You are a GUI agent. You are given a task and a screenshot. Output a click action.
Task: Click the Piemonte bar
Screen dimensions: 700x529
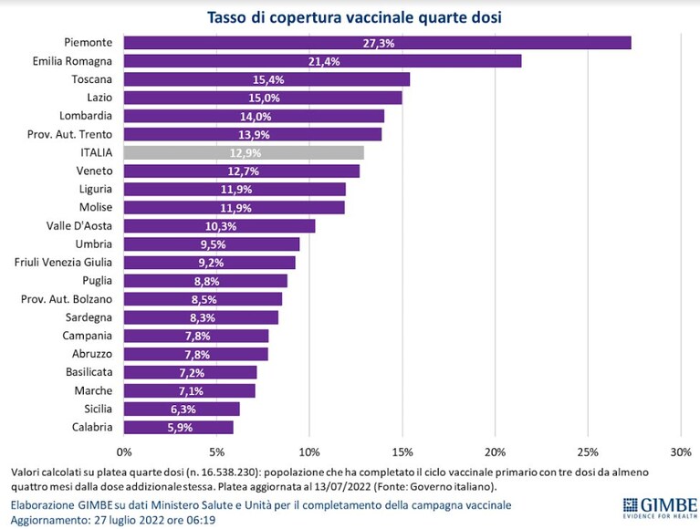click(x=377, y=43)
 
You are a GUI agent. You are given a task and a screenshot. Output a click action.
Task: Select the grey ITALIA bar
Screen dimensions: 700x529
click(x=244, y=152)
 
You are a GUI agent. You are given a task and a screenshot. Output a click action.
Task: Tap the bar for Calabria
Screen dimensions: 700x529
click(x=179, y=427)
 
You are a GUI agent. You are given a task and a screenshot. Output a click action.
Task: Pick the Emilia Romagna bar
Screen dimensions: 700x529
click(x=323, y=61)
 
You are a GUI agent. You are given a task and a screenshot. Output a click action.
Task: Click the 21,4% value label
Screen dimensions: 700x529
click(x=324, y=61)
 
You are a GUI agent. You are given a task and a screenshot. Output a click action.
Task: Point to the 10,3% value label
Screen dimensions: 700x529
click(x=221, y=226)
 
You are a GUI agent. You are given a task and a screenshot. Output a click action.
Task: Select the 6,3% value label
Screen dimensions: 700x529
click(x=183, y=409)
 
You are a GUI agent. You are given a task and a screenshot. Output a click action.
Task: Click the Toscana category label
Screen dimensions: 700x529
click(x=91, y=79)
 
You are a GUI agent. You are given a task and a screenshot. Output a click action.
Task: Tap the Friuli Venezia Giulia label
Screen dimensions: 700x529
click(x=63, y=263)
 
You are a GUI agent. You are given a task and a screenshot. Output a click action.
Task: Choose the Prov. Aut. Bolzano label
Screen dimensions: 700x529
click(x=67, y=299)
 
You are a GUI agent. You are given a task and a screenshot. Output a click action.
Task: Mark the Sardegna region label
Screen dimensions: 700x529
click(x=89, y=317)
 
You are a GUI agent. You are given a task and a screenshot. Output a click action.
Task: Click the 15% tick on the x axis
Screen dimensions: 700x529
click(x=402, y=452)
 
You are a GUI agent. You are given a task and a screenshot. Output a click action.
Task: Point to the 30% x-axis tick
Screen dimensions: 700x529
click(x=680, y=452)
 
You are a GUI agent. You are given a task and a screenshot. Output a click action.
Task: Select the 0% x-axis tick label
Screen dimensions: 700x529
click(x=124, y=452)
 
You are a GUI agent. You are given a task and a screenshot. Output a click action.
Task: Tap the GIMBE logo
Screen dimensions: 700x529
click(x=660, y=508)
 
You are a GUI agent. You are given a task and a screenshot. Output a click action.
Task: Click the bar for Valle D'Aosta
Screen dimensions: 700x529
click(x=219, y=226)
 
